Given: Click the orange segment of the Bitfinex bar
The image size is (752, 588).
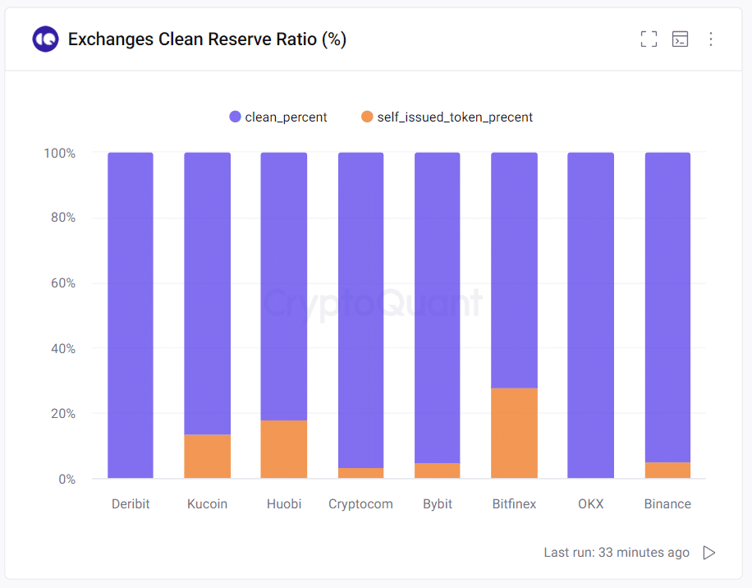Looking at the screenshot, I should tap(514, 433).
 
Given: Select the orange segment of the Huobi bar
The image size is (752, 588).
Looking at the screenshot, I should tap(284, 449).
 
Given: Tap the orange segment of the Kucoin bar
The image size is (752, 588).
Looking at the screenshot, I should tap(207, 456).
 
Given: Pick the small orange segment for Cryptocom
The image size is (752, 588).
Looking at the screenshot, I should tap(360, 473).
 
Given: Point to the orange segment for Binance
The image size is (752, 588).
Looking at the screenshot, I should tap(667, 471).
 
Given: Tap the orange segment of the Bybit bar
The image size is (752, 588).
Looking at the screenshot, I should tap(438, 471).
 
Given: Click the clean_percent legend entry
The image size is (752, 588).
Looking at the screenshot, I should tap(278, 117).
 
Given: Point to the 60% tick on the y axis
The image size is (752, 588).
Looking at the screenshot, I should tap(59, 283).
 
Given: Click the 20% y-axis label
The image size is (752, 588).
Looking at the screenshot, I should tap(59, 414).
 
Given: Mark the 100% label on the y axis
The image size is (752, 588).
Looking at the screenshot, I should tap(59, 154).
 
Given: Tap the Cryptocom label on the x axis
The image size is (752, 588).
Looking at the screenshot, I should tap(360, 504).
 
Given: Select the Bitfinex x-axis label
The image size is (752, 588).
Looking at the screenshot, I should tap(514, 504).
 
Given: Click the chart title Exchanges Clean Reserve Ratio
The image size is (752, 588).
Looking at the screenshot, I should tap(207, 39).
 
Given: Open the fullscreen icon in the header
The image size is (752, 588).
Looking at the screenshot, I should tap(649, 39).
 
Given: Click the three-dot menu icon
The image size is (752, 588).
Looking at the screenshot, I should tap(711, 39).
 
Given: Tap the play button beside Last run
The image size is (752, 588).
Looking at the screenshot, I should tap(709, 553).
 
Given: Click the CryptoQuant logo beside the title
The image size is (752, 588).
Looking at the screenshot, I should tap(45, 39).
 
